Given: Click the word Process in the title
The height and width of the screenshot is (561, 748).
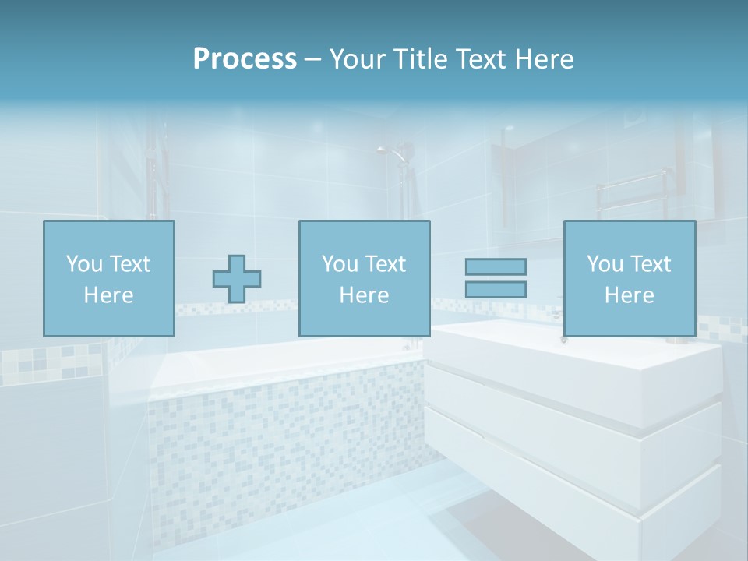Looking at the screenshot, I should (x=245, y=58).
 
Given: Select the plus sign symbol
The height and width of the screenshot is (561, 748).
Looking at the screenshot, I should (x=237, y=279).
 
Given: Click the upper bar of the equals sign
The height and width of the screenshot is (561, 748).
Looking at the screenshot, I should (x=496, y=266).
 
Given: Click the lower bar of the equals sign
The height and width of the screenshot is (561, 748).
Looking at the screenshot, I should (x=496, y=289).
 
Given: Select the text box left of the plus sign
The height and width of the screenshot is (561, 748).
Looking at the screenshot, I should (x=109, y=278).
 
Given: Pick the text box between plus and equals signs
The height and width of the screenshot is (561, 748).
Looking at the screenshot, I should (x=364, y=278).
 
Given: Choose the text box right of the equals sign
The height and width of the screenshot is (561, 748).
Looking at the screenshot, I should (x=629, y=278).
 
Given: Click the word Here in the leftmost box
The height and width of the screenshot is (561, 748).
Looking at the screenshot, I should (x=109, y=295).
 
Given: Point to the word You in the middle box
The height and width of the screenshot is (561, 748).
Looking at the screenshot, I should (x=340, y=264).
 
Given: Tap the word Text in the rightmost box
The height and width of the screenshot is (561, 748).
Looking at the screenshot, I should (x=651, y=264).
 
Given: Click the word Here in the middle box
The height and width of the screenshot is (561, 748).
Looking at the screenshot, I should (x=364, y=295).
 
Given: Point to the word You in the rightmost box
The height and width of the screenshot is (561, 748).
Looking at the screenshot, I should (x=605, y=264).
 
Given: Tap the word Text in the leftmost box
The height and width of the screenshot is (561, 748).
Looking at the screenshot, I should (x=130, y=264).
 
